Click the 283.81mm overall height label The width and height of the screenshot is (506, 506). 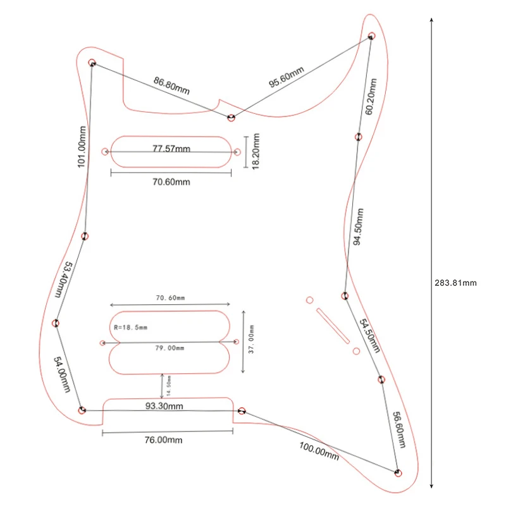455,283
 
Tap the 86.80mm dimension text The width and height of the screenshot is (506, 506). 171,85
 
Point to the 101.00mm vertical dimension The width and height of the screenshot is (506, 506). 82,147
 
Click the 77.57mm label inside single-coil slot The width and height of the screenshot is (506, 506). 171,149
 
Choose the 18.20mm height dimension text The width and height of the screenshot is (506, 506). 256,151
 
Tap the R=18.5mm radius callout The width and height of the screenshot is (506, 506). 131,328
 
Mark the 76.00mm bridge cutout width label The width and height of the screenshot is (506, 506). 163,440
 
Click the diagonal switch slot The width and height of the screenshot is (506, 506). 332,324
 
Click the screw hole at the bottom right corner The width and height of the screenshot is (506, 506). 398,472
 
